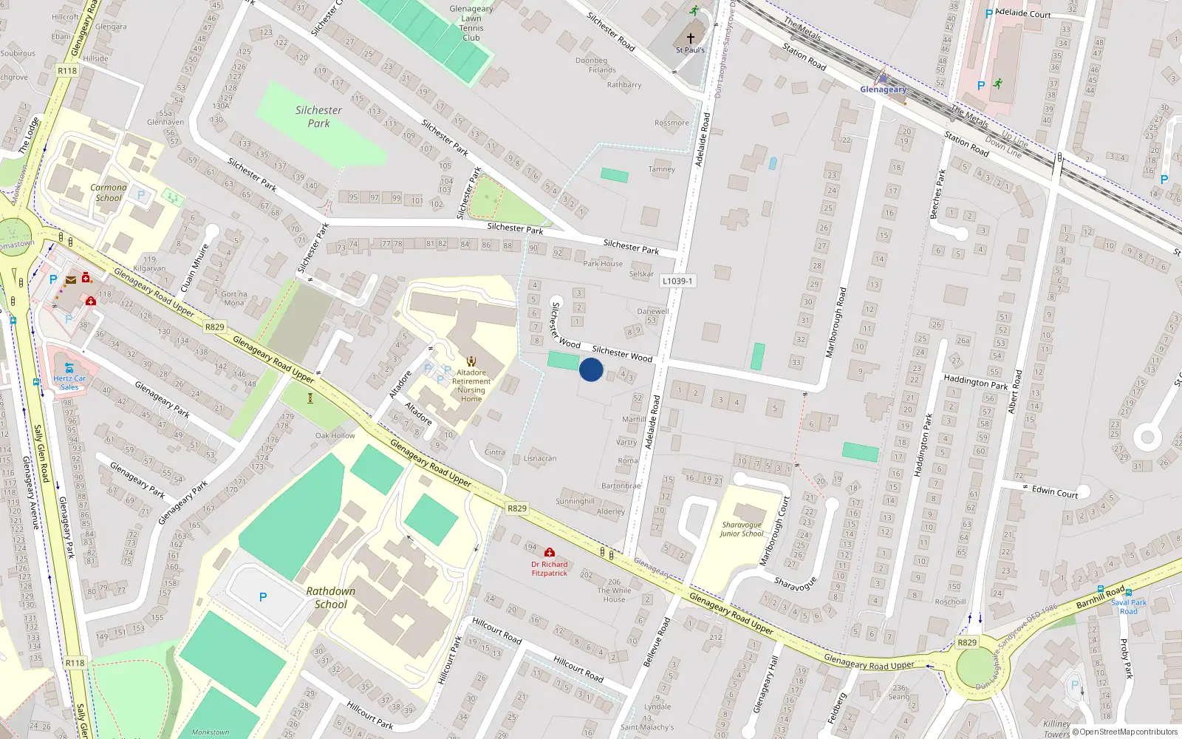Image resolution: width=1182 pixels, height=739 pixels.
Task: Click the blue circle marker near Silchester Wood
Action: [x=591, y=369]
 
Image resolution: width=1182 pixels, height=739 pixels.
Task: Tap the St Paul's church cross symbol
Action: [x=691, y=38]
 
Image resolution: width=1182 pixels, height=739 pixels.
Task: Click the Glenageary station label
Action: [x=883, y=89]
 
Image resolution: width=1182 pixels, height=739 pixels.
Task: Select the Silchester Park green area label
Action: [x=318, y=117]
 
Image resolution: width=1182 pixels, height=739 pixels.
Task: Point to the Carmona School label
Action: [x=109, y=192]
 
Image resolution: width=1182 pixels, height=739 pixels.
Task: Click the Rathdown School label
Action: [x=331, y=598]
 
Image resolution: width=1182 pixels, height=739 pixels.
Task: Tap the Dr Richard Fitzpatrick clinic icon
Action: [x=550, y=553]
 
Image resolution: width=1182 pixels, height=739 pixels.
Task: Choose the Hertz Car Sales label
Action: [x=69, y=383]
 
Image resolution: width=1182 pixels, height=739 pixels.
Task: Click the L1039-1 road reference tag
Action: [x=677, y=281]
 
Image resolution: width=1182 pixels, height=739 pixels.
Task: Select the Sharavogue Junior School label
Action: [x=742, y=529]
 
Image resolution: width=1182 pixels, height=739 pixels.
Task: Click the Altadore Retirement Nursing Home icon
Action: [x=471, y=361]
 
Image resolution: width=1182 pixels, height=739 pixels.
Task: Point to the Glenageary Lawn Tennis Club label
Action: [x=471, y=23]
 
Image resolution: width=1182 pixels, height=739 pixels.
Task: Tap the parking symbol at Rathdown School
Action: [x=263, y=597]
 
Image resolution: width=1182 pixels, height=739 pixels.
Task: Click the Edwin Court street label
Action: [x=1055, y=492]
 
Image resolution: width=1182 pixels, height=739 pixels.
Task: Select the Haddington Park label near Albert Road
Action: [x=975, y=382]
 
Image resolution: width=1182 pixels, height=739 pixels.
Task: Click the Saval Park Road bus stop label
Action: [x=1129, y=607]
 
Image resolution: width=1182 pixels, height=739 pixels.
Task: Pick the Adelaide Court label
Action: [x=1023, y=13]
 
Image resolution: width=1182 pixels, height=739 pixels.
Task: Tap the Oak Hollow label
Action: [x=335, y=435]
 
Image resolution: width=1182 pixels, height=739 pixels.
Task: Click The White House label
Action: [x=615, y=595]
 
